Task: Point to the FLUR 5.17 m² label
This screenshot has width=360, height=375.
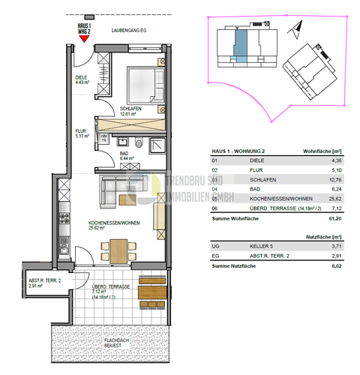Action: (82, 134)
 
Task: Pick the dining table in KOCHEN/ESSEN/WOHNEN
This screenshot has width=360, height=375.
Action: (120, 247)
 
